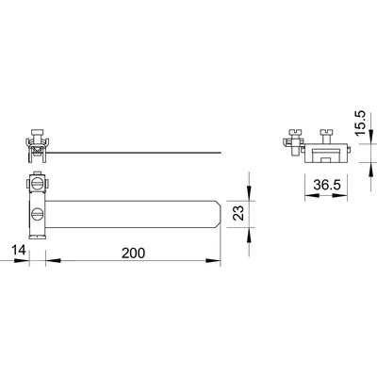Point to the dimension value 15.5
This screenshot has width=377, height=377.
[361, 123]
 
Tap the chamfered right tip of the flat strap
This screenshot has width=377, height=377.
[221, 213]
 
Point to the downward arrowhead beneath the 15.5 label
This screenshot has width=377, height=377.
[361, 141]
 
